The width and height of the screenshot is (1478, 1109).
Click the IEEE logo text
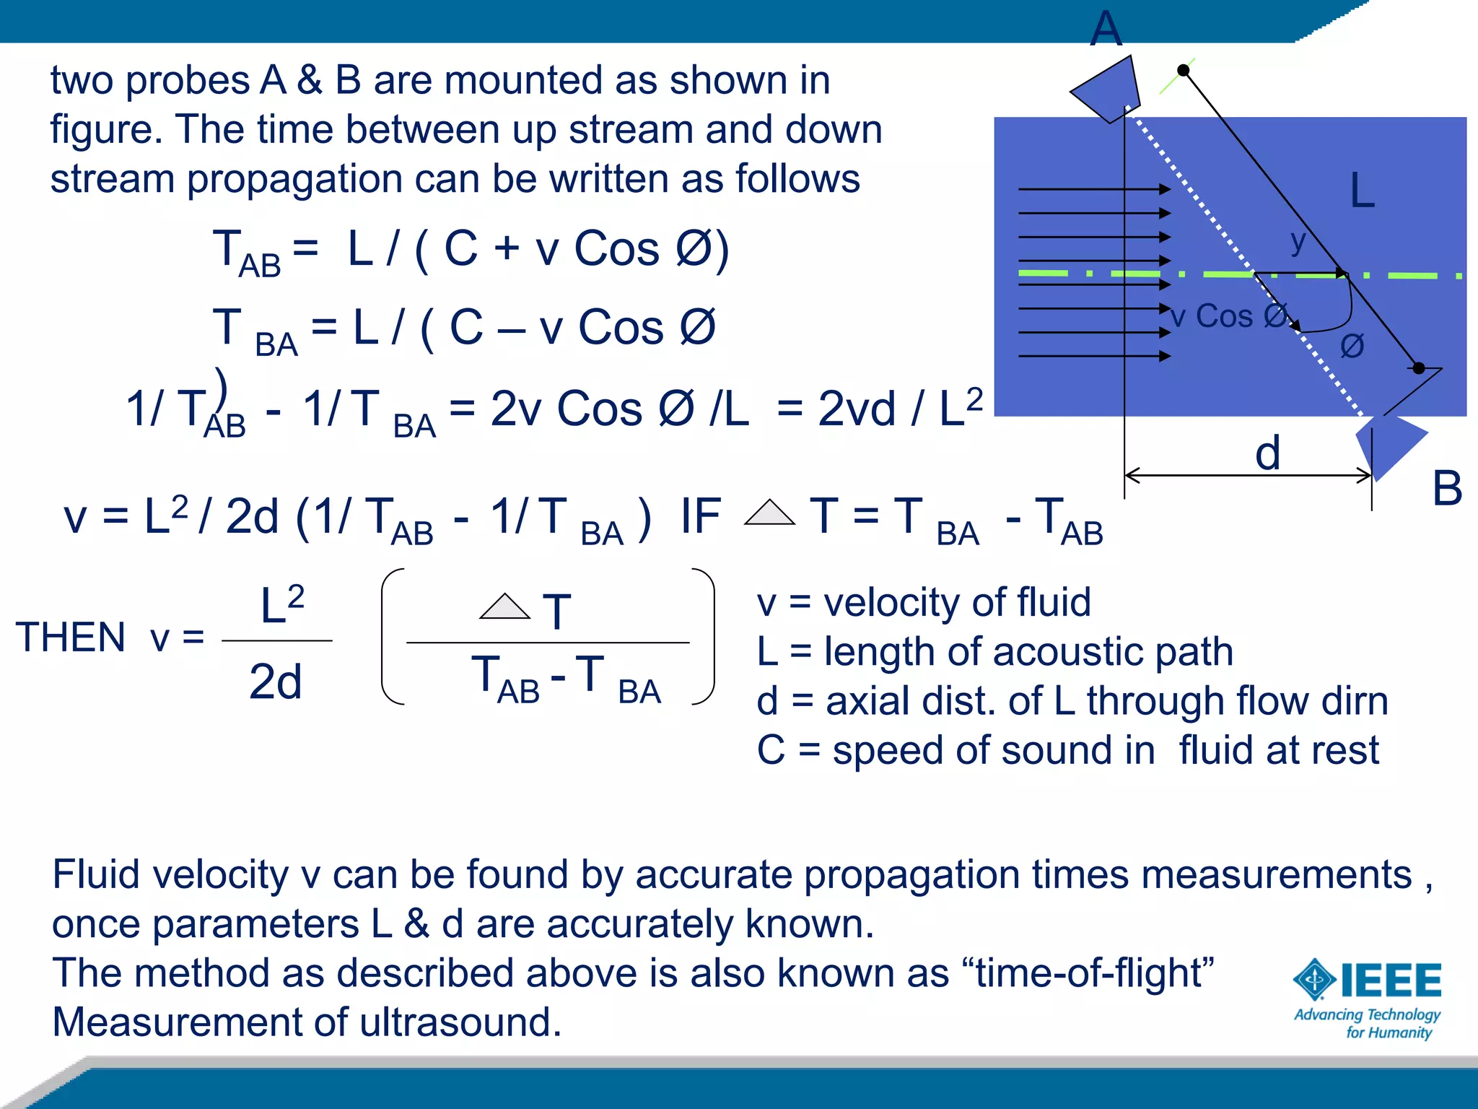pyautogui.click(x=1391, y=980)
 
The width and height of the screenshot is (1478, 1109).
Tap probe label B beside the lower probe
pyautogui.click(x=1447, y=489)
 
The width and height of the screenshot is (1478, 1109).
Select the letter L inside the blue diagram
pyautogui.click(x=1362, y=191)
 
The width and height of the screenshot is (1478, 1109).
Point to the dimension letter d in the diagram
pyautogui.click(x=1267, y=453)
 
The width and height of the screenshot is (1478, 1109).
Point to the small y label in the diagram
pyautogui.click(x=1298, y=241)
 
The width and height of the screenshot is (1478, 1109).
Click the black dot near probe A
pyautogui.click(x=1183, y=70)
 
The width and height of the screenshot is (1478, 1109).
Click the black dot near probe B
pyautogui.click(x=1419, y=368)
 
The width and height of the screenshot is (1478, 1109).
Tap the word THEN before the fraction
pyautogui.click(x=71, y=638)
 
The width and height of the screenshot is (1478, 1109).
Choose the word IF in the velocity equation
pyautogui.click(x=700, y=516)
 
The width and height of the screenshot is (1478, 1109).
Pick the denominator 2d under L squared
pyautogui.click(x=275, y=682)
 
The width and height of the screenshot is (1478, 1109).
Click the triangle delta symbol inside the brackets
pyautogui.click(x=504, y=606)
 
